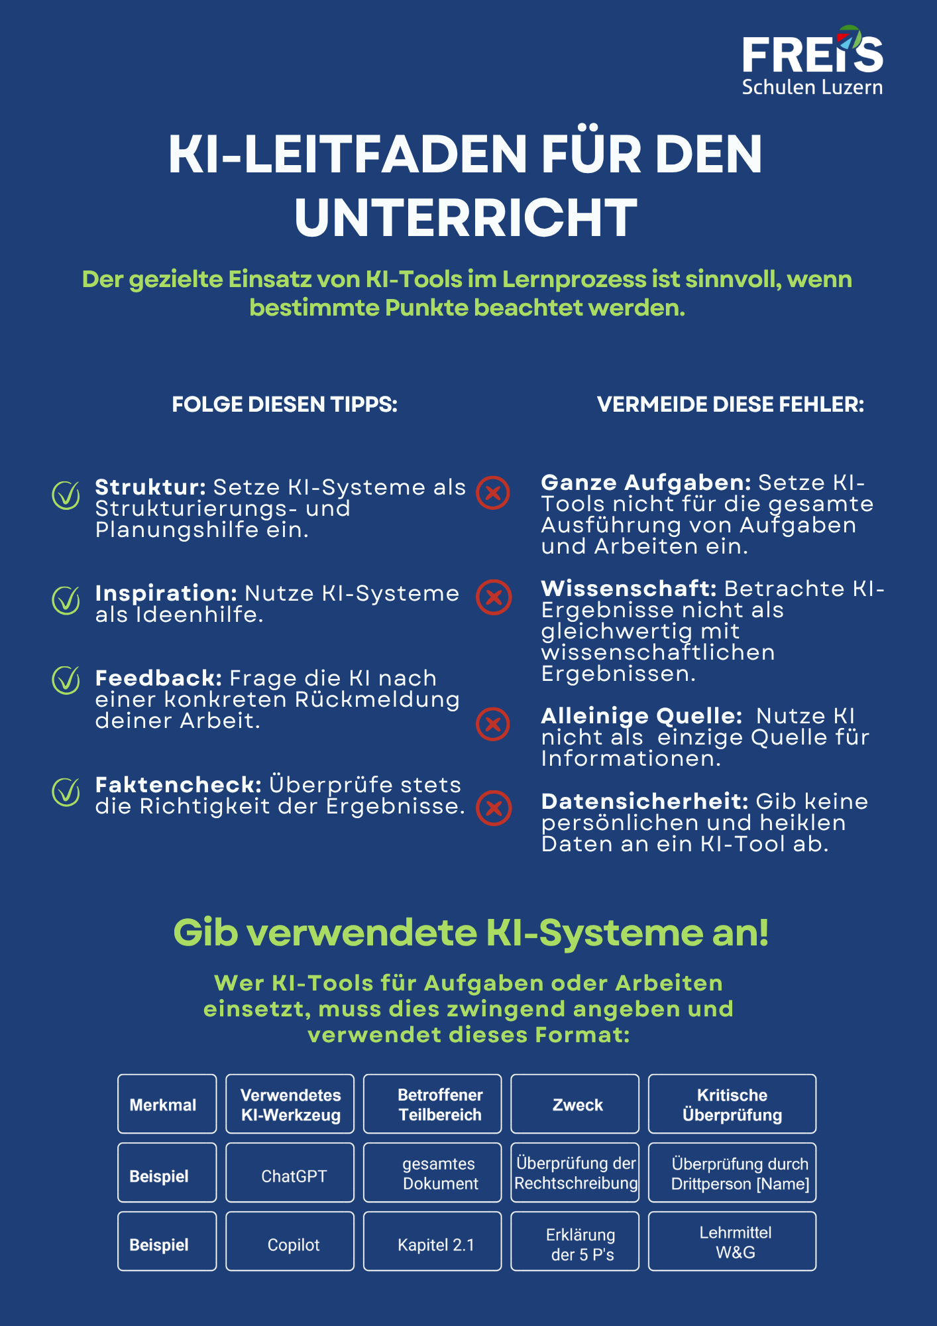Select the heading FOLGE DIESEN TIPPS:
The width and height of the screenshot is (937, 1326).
pos(284,404)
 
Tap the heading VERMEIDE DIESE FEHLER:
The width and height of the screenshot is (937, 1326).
pos(730,404)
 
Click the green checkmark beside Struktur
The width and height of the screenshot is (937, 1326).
pos(66,495)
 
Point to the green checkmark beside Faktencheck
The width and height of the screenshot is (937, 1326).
pos(66,792)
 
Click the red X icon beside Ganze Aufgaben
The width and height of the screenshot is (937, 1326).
pos(493,493)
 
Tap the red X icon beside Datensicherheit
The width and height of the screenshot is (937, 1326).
pos(494,808)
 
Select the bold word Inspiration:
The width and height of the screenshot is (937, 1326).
pos(166,593)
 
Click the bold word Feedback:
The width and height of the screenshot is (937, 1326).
pos(158,678)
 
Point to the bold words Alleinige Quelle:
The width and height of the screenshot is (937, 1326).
pos(641,716)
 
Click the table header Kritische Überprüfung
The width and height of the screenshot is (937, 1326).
pos(732,1105)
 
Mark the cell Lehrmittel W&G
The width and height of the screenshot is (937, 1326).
pos(732,1242)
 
